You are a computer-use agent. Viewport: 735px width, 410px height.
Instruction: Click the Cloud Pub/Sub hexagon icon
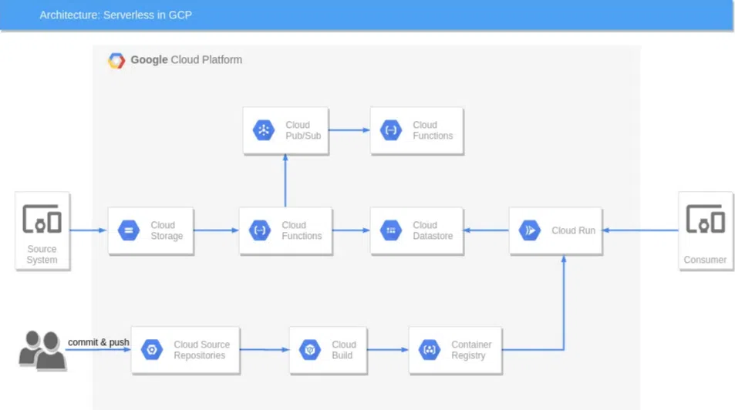(x=264, y=130)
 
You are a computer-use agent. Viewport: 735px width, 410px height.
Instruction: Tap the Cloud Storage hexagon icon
(x=129, y=230)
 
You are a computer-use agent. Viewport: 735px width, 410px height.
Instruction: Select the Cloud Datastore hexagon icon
(x=391, y=230)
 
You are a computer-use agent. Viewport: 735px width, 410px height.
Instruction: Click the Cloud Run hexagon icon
(x=530, y=230)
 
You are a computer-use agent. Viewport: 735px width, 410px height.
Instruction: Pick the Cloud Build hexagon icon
(x=310, y=350)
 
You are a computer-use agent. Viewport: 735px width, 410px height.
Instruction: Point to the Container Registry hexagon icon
(x=430, y=350)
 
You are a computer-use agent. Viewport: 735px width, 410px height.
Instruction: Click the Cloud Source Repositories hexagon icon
(x=152, y=350)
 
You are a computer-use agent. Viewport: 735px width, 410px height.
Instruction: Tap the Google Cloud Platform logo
(x=116, y=60)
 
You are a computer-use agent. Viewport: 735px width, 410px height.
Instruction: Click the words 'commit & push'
(x=99, y=342)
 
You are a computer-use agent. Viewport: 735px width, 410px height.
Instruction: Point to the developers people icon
(x=42, y=350)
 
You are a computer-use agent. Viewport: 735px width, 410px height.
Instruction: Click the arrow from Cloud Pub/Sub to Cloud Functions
(x=349, y=129)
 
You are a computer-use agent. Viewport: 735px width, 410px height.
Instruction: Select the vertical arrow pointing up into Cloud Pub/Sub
(x=285, y=181)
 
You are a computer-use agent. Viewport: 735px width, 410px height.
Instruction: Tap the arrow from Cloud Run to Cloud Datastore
(x=486, y=230)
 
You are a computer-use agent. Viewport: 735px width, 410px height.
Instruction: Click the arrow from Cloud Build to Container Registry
(x=388, y=350)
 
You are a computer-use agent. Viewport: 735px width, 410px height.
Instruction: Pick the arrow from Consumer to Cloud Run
(x=640, y=230)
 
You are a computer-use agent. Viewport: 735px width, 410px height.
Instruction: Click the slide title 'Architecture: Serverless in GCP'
(x=116, y=15)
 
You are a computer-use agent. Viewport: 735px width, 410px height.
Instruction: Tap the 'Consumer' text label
(x=705, y=260)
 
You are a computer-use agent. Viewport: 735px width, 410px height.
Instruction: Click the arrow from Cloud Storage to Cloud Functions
(x=216, y=230)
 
